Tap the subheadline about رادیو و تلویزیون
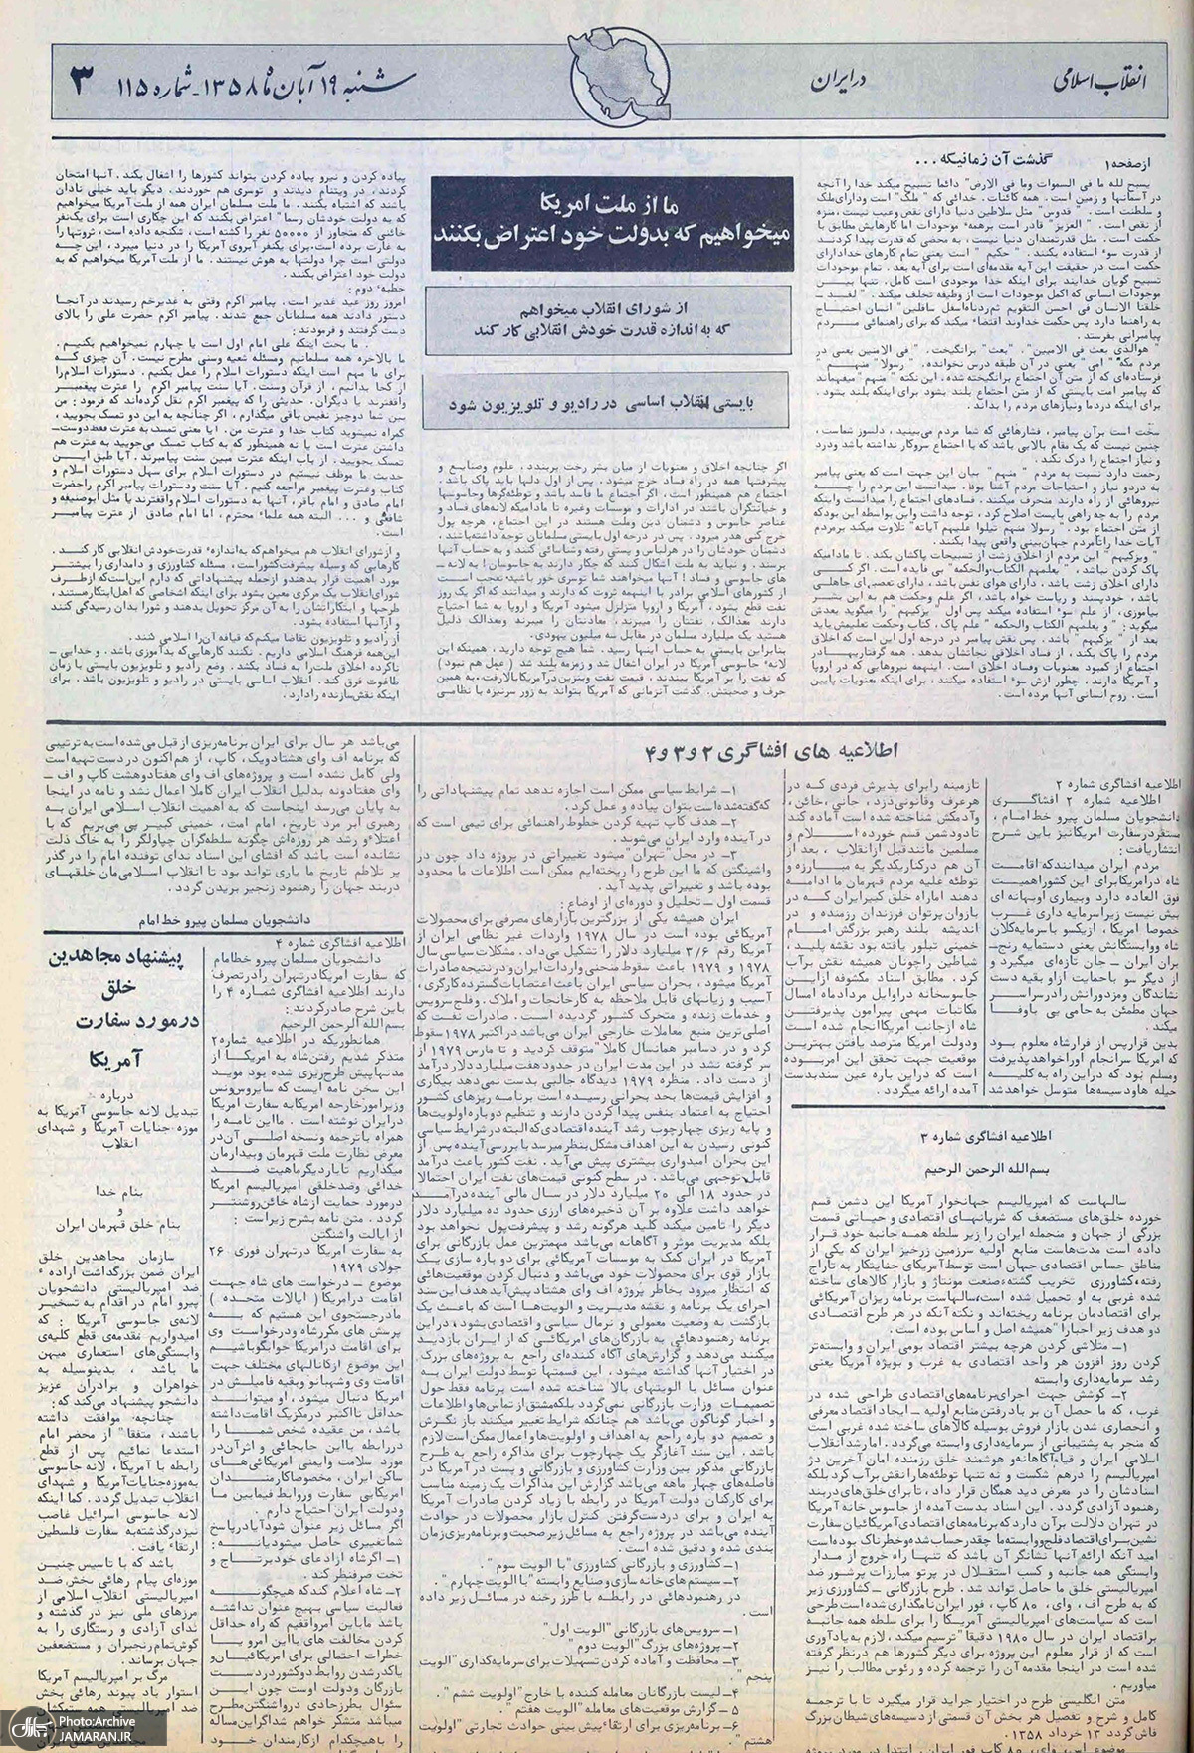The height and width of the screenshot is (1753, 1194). coord(605,405)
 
